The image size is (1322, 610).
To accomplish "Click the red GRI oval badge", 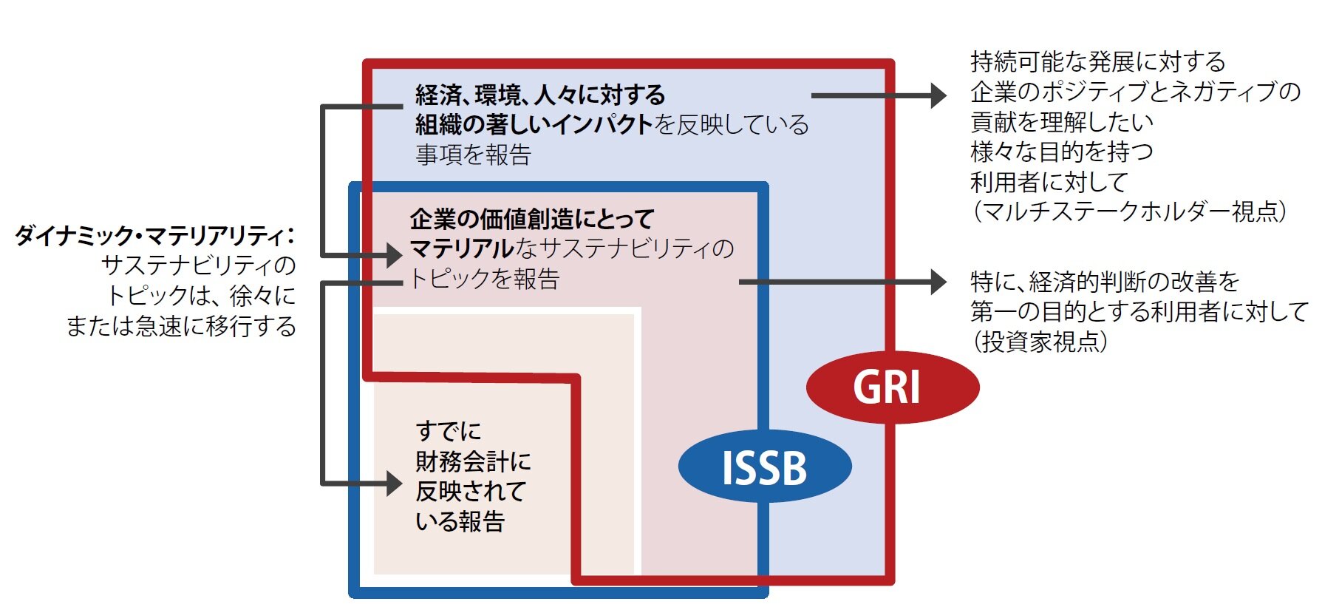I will (x=891, y=387).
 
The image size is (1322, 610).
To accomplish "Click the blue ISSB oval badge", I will (x=764, y=467).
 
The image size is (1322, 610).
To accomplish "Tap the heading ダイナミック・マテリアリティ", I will (x=154, y=236).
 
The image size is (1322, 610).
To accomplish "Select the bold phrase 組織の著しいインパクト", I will (x=534, y=124).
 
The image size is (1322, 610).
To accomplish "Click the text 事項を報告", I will (x=473, y=155).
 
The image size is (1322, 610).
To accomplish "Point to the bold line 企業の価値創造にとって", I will (x=532, y=219).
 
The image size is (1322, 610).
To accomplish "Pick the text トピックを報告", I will (x=485, y=279).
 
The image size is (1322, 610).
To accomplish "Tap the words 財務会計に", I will (x=473, y=461).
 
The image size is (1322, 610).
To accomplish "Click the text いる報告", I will (x=460, y=521).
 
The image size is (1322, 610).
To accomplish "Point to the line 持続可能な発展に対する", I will (x=1097, y=61).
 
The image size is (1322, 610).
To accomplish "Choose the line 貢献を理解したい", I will (x=1062, y=122).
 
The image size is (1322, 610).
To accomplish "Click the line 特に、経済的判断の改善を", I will (x=1104, y=282).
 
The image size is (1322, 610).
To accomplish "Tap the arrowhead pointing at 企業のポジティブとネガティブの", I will (x=938, y=95).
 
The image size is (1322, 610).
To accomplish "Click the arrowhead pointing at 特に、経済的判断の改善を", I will (x=938, y=282).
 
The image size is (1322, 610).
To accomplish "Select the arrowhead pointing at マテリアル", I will (x=395, y=256).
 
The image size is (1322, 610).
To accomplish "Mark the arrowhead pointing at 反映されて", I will (x=395, y=484).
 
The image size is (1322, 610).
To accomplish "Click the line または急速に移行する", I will (x=181, y=326).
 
